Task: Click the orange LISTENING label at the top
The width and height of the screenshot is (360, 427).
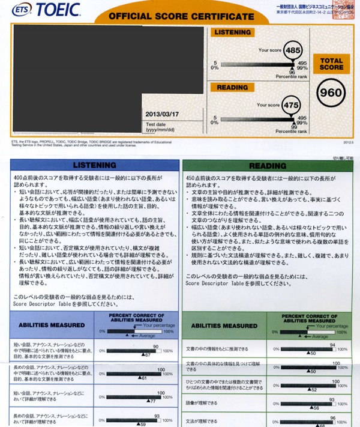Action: (231, 32)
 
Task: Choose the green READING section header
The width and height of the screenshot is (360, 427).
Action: (268, 165)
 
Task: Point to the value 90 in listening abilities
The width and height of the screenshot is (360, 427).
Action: (155, 347)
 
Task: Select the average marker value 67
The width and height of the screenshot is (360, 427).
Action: (146, 356)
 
